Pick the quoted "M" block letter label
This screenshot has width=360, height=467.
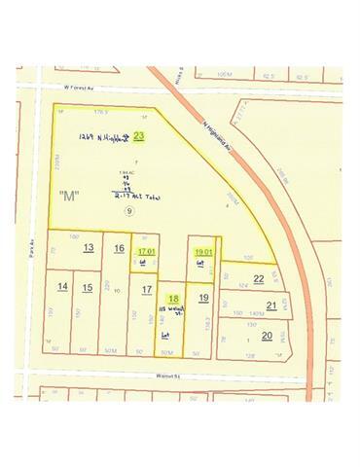coord(68,196)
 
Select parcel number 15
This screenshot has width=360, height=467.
coord(88,286)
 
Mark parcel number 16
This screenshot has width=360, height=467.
coord(119,248)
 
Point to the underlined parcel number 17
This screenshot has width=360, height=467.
coord(146,289)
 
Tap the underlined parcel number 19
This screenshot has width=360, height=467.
coord(202,298)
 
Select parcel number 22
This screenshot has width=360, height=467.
coord(258,278)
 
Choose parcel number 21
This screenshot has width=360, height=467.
coord(271,305)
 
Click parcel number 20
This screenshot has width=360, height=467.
coord(266,336)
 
